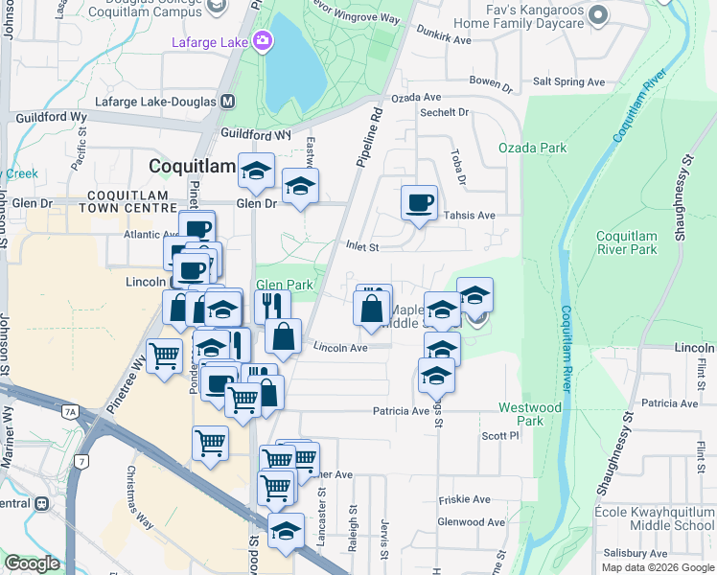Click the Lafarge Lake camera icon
point(261,41)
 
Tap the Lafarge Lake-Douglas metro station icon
point(228,101)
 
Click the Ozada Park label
point(532,148)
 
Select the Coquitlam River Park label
point(627,242)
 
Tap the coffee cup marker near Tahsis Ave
point(419,203)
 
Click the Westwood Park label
point(530,414)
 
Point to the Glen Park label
point(285,285)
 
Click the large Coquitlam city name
point(192,166)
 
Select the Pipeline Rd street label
point(369,138)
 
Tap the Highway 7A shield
point(70,412)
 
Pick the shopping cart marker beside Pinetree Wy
point(165,356)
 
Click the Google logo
point(32,563)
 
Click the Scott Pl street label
point(499,435)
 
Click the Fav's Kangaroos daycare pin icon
point(599,14)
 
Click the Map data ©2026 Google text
point(657,567)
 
